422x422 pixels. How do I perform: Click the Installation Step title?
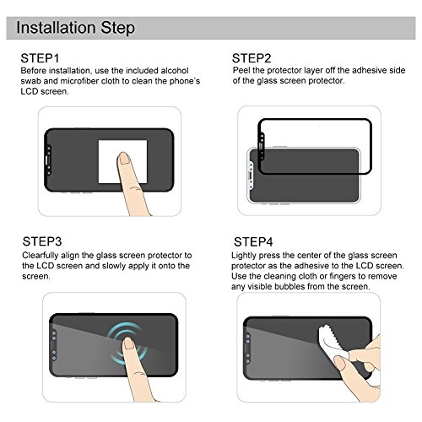[x=75, y=28]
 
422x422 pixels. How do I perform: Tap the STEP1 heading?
[x=40, y=58]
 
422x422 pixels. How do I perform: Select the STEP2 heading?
[x=252, y=58]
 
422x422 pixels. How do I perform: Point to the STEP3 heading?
[x=42, y=241]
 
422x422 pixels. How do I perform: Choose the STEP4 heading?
[x=253, y=241]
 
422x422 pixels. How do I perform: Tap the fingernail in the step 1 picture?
[x=125, y=158]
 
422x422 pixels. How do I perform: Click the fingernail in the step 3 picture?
[x=129, y=344]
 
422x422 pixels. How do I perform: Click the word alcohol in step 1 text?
[x=175, y=70]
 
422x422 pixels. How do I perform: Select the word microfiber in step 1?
[x=79, y=81]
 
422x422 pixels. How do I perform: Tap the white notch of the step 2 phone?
[x=250, y=176]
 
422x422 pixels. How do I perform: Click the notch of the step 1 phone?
[x=48, y=160]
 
